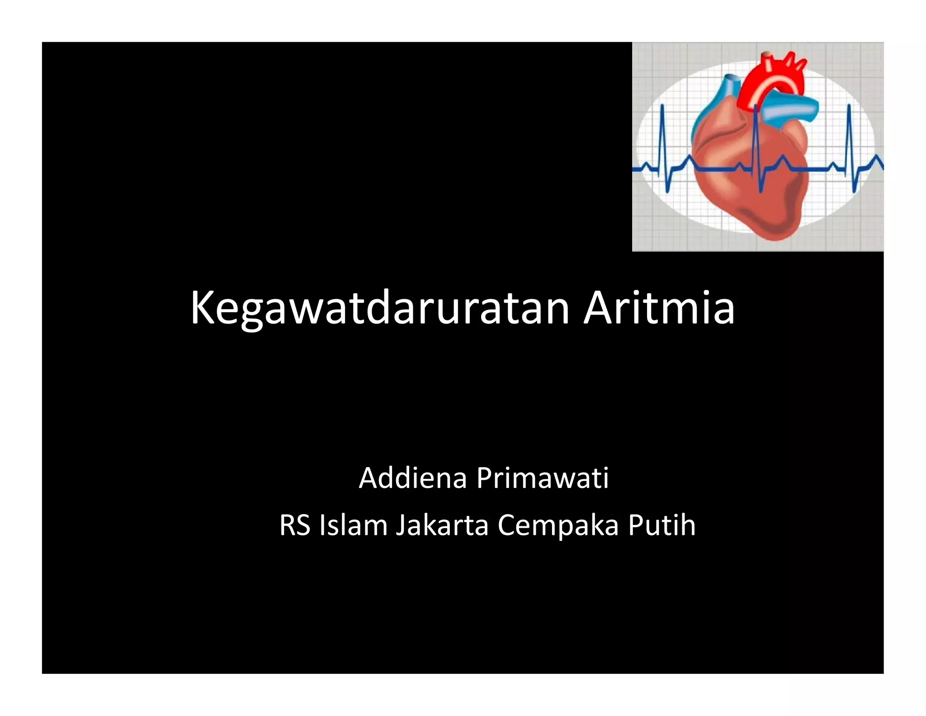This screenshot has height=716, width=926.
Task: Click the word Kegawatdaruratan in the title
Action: (380, 309)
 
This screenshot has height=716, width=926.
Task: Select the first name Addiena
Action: (412, 478)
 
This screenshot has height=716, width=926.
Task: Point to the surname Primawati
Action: (543, 478)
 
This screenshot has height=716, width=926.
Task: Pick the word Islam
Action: (353, 526)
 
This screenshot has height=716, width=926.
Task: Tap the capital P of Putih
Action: (635, 526)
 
